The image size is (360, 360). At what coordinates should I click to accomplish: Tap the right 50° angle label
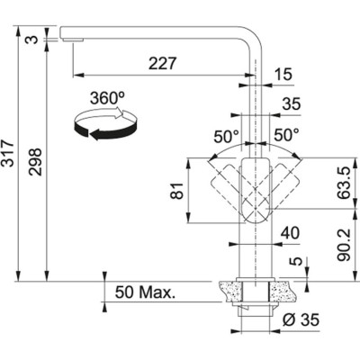point(285,137)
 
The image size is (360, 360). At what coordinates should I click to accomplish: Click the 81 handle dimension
point(176,190)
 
